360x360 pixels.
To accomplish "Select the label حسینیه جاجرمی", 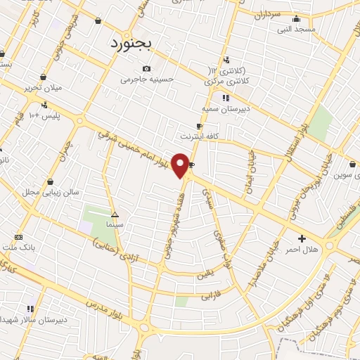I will click(146, 79).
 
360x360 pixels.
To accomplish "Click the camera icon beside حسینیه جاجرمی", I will click(146, 68).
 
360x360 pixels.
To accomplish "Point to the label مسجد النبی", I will click(297, 29).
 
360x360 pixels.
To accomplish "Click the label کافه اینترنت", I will click(200, 136).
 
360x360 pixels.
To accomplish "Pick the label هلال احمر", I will click(302, 250).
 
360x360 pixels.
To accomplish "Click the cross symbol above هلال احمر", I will click(302, 239).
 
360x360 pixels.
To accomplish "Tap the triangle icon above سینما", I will click(115, 214).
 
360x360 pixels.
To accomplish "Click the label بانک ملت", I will click(19, 247).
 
